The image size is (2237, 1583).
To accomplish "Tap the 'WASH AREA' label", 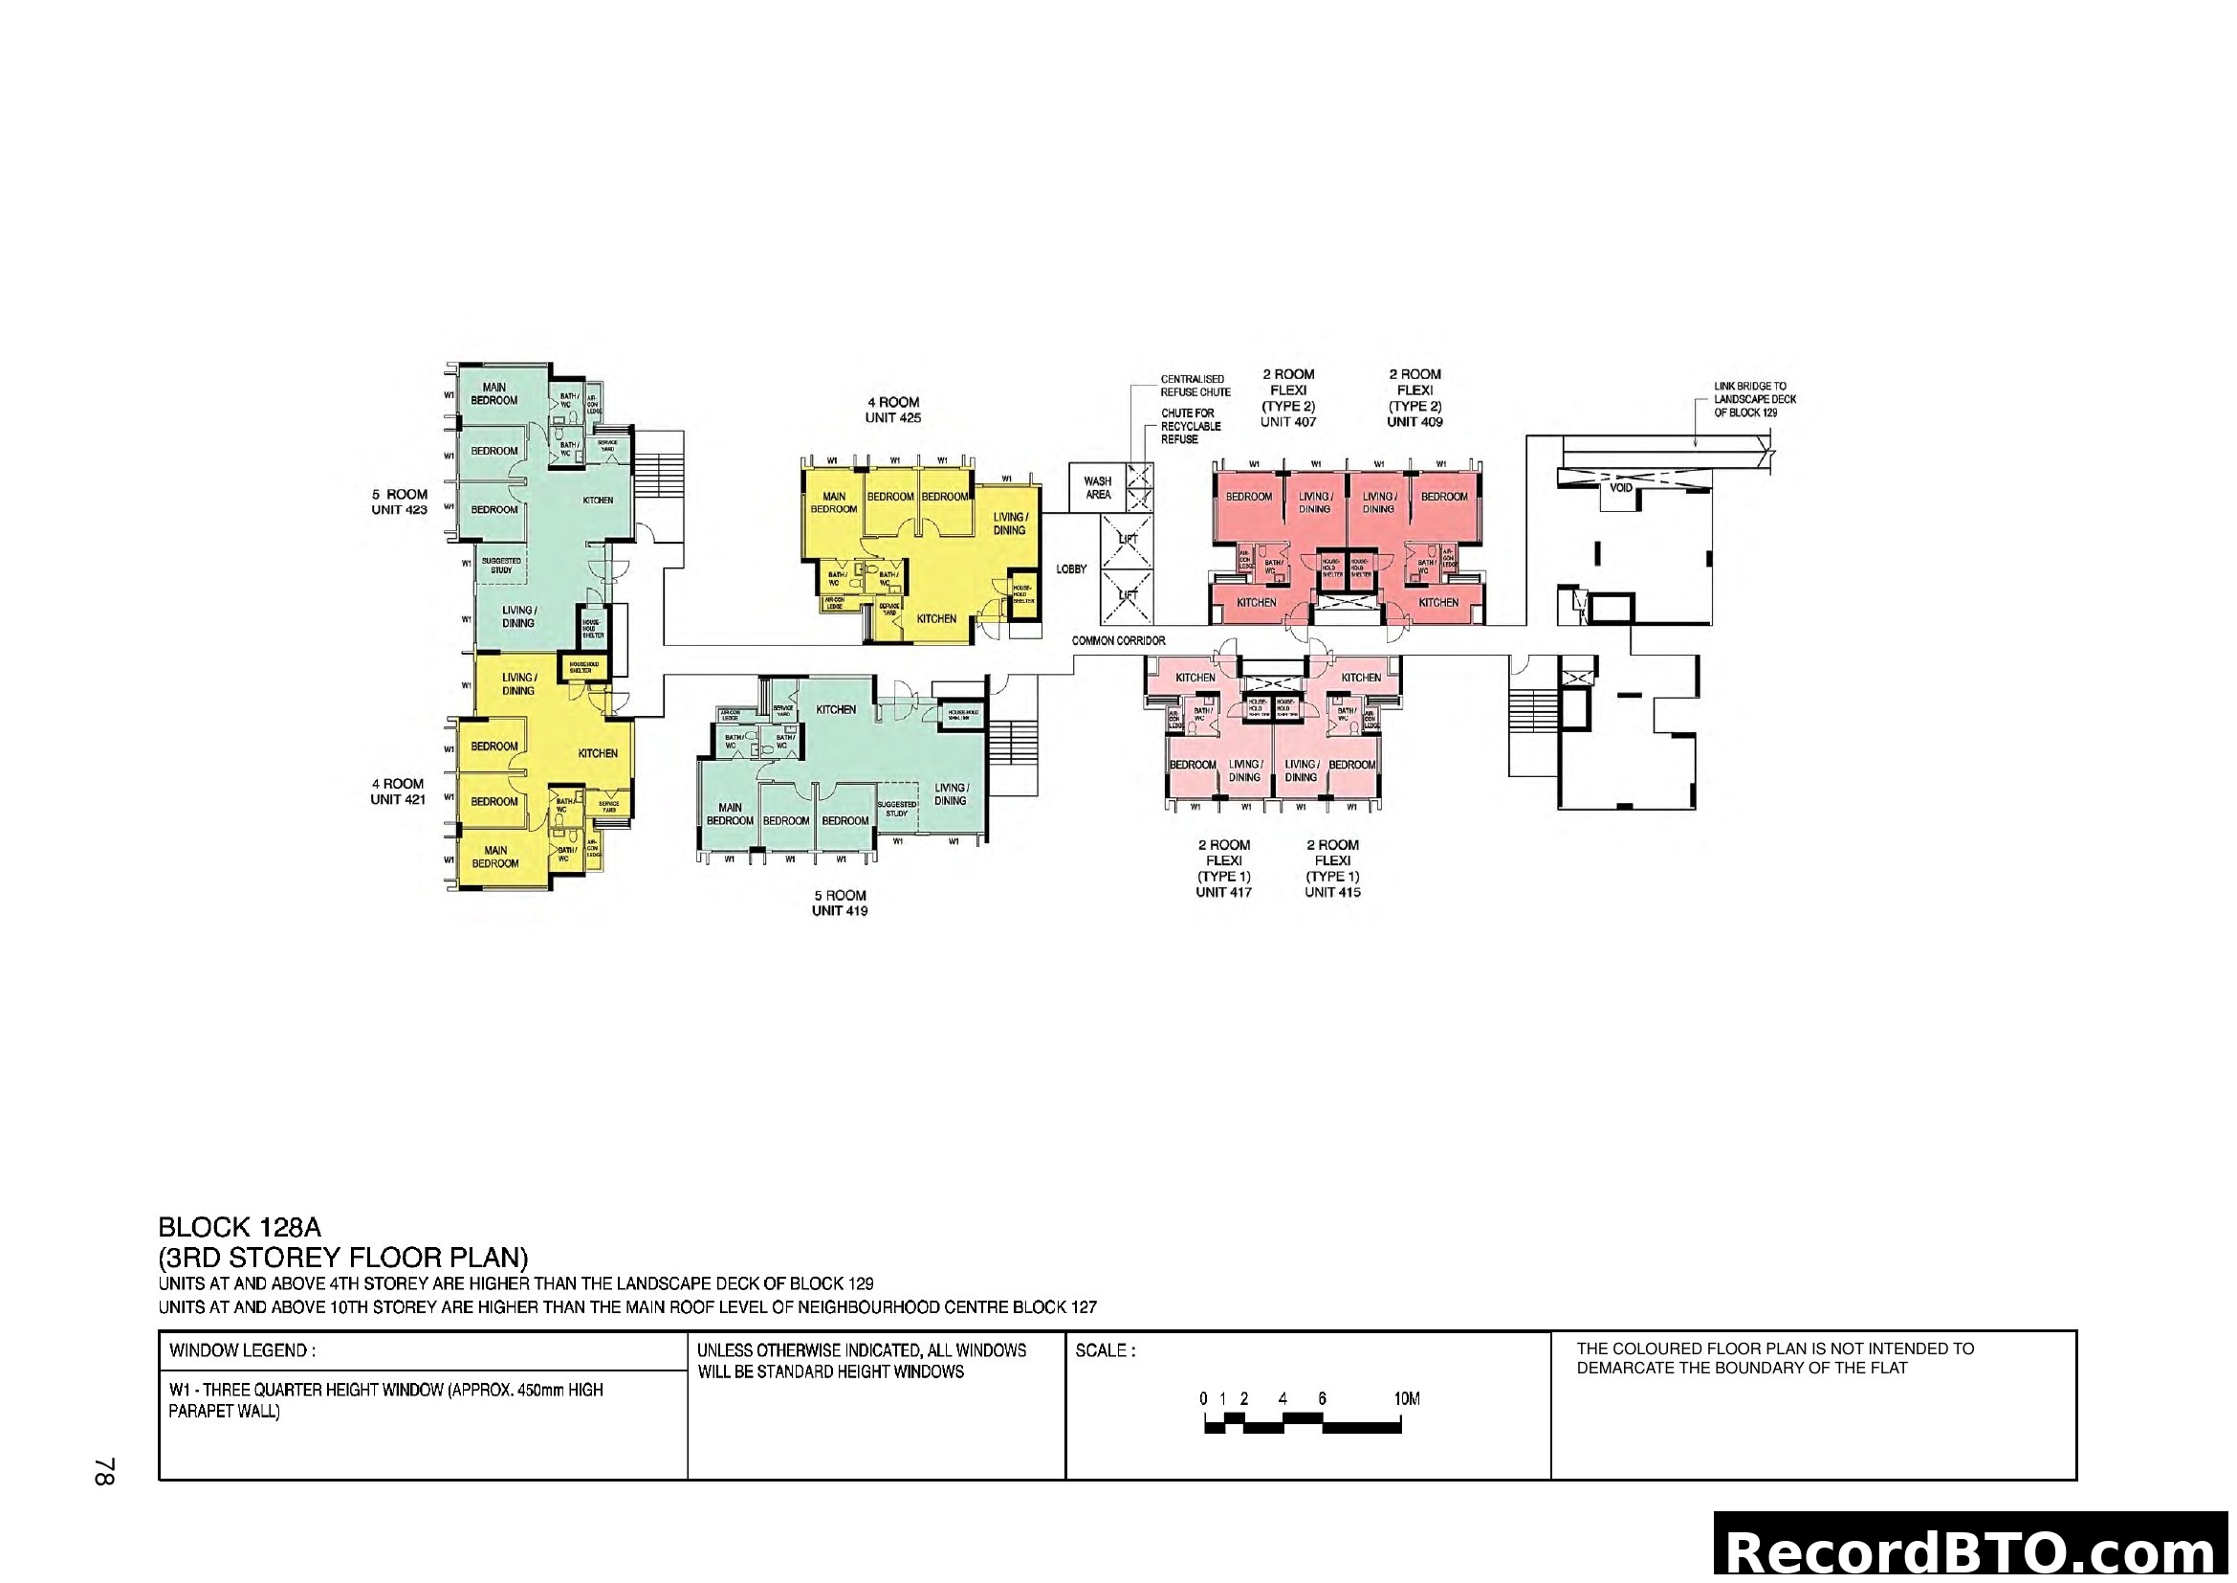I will click(1097, 488).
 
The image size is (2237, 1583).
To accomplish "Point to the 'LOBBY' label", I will click(1071, 569).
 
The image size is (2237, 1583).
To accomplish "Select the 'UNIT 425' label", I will click(892, 418).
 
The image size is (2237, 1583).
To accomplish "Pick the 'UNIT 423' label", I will click(399, 510).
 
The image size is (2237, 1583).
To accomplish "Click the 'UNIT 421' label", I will click(398, 799).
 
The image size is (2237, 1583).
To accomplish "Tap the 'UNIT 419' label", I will click(839, 911).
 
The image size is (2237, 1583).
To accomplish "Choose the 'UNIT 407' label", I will click(1288, 422).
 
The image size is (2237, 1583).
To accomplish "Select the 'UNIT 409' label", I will click(1415, 422).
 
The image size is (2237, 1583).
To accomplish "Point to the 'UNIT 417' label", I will click(1224, 892).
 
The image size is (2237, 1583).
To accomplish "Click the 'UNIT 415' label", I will click(1332, 892).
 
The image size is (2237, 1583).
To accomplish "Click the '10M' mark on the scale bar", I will click(1406, 1400).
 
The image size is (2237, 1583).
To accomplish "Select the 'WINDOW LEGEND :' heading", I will click(242, 1351).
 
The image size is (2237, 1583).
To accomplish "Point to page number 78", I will click(105, 1472).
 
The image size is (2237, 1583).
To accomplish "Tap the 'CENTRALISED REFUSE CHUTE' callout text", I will click(1195, 386).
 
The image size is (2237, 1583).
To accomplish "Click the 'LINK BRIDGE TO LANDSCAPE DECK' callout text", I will click(1755, 400).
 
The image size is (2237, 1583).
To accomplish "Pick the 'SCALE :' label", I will click(1105, 1351).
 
